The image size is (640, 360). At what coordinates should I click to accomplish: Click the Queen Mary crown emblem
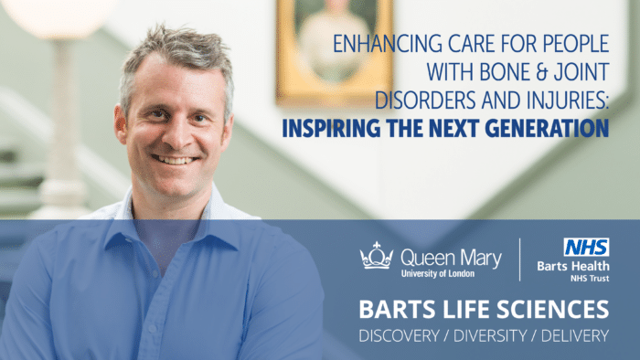point(376,257)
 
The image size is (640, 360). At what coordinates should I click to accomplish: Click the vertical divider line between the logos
point(520,259)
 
